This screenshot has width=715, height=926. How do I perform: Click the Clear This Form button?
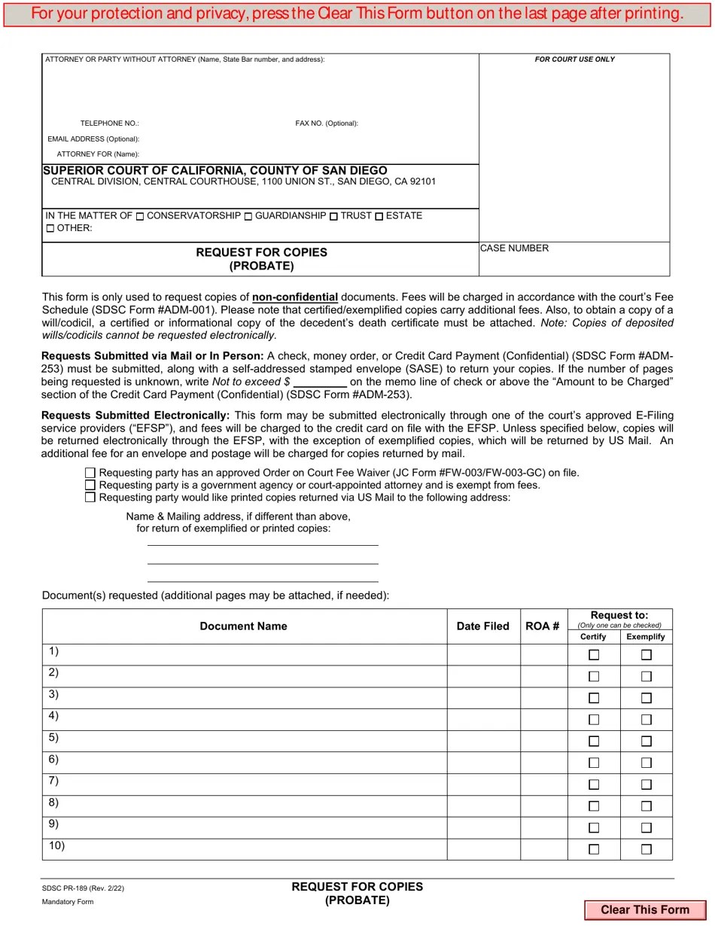[x=645, y=909]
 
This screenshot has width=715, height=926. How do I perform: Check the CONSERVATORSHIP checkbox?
[x=140, y=217]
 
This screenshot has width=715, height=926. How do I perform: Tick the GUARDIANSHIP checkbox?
[x=248, y=217]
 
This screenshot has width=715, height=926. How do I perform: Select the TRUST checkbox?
[x=333, y=217]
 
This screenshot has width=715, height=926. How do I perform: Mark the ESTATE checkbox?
[x=379, y=217]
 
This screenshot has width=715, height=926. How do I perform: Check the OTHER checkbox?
[x=50, y=228]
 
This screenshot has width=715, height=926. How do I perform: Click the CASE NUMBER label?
[x=514, y=248]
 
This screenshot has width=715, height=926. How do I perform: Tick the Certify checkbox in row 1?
[x=594, y=655]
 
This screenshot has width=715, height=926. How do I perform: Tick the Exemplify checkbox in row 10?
[x=646, y=849]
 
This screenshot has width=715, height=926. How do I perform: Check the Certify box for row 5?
[x=594, y=742]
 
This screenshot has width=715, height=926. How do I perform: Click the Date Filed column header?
[x=483, y=626]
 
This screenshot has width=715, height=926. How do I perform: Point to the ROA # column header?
[x=543, y=626]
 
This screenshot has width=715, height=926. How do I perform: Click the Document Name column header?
[x=243, y=626]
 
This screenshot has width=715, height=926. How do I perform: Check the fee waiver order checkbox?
[x=90, y=473]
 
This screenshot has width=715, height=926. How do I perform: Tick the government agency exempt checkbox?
[x=90, y=485]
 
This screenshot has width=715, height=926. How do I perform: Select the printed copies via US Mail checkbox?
[x=90, y=497]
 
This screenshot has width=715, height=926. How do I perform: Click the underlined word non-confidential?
[x=295, y=297]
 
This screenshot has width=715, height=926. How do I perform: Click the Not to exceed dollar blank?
[x=320, y=382]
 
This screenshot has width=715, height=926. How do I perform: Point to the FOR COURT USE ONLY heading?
[x=574, y=59]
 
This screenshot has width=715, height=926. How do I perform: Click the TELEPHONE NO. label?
[x=109, y=123]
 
